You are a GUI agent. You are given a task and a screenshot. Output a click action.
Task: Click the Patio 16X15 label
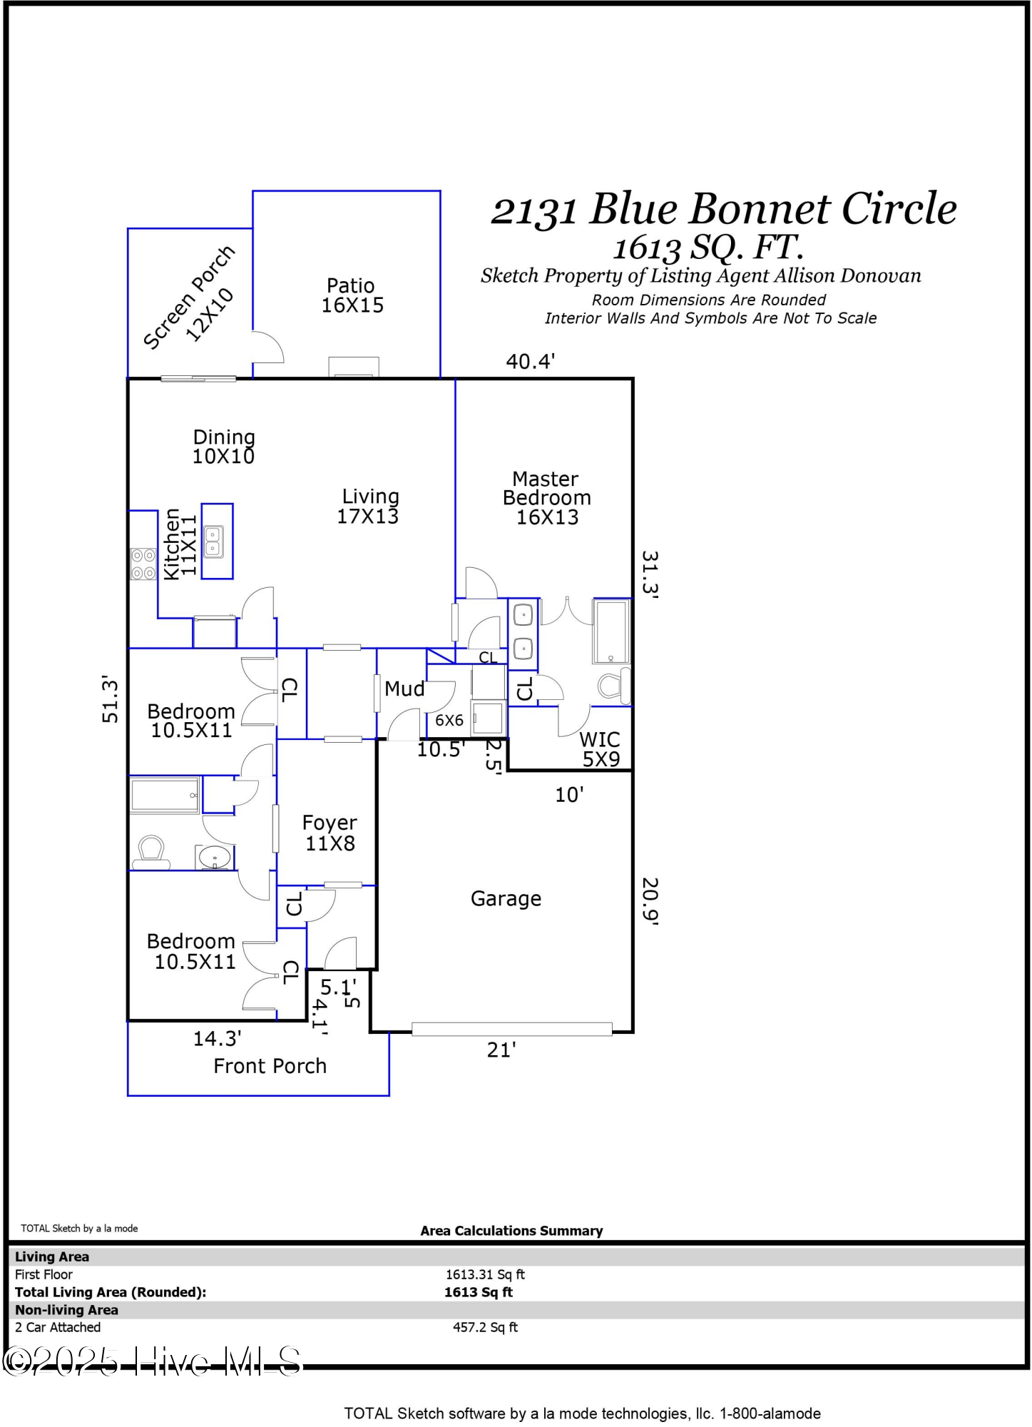(x=352, y=295)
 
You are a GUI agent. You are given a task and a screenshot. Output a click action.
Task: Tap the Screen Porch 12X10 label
(x=189, y=298)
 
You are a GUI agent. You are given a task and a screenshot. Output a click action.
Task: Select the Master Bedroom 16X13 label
(x=546, y=498)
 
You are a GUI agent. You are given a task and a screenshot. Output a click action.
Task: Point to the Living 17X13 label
(x=369, y=506)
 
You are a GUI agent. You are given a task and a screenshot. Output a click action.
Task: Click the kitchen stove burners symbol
(x=143, y=564)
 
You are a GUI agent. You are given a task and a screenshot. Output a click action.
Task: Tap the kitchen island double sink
(x=213, y=542)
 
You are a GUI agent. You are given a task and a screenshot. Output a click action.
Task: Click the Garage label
(x=506, y=898)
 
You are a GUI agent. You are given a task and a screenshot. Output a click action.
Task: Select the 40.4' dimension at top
(x=530, y=362)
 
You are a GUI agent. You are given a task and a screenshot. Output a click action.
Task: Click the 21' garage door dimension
(x=501, y=1050)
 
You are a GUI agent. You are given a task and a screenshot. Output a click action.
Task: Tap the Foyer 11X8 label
(x=329, y=833)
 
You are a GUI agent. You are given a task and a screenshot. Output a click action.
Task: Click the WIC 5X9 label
(x=600, y=749)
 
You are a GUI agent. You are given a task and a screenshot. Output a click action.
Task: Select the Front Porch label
(x=270, y=1066)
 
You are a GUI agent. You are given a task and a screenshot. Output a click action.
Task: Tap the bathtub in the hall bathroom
(x=165, y=795)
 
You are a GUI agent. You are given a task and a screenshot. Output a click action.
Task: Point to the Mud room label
(x=404, y=689)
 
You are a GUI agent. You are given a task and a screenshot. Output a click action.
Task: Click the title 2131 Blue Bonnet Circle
(x=723, y=209)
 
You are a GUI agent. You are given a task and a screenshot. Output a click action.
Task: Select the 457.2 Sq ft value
(x=485, y=1327)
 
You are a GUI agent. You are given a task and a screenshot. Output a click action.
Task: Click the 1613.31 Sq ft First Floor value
(x=485, y=1274)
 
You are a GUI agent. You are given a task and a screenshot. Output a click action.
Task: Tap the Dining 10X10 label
(x=224, y=447)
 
